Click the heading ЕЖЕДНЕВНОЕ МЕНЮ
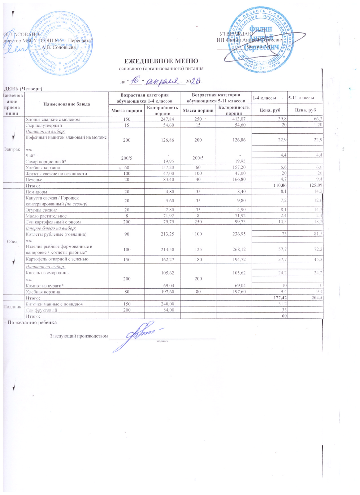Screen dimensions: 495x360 coord(161,61)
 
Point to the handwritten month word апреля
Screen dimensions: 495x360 coord(164,81)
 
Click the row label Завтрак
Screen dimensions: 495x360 coord(12,149)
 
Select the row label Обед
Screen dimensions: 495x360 coord(12,241)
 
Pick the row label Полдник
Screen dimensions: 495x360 coord(12,307)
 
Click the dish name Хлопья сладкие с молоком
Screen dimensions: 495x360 coord(53,119)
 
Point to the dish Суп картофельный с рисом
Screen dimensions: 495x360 coord(53,222)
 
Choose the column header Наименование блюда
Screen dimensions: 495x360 coord(67,104)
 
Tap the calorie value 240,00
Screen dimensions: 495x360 coord(162,304)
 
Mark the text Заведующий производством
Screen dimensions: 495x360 coord(79,336)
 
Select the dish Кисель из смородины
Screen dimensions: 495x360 coord(48,273)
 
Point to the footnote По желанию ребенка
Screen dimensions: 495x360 coord(30,322)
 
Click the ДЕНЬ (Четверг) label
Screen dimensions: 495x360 coord(23,89)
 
